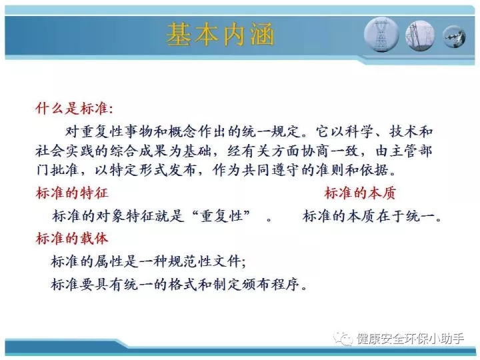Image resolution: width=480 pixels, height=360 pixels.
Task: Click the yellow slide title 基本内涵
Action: (220, 34)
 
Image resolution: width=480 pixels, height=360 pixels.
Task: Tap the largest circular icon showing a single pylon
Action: (381, 34)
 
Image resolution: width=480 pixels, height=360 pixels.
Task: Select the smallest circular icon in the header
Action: (454, 37)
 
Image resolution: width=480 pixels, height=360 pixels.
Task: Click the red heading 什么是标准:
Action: (74, 109)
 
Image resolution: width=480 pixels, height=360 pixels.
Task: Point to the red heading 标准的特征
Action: (72, 193)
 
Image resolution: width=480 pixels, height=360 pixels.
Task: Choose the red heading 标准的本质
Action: (360, 193)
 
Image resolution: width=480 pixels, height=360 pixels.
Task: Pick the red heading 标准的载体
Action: (72, 239)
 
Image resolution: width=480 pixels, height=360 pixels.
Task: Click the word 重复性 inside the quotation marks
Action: (221, 216)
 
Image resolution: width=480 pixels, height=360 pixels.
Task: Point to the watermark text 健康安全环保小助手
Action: (411, 339)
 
